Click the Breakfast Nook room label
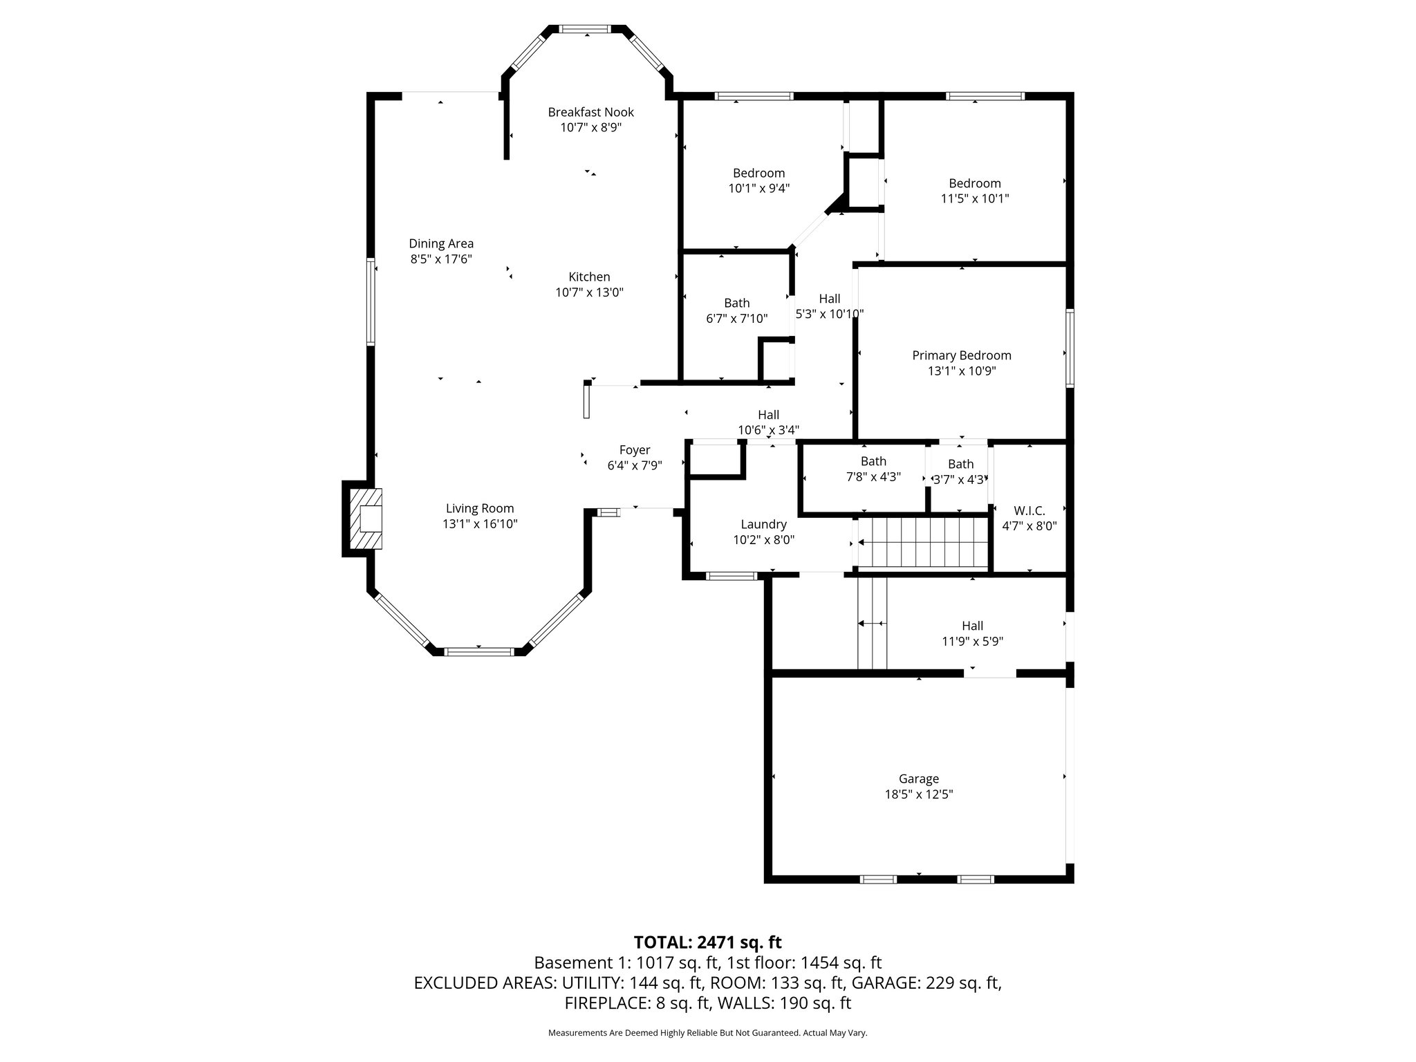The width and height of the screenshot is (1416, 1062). (590, 112)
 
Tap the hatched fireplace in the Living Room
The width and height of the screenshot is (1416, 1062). (365, 519)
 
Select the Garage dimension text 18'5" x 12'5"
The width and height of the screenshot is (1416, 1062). (919, 794)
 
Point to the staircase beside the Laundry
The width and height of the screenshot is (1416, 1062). (922, 543)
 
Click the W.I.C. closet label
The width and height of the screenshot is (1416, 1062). (1029, 510)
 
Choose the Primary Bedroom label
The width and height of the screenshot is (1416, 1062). (961, 355)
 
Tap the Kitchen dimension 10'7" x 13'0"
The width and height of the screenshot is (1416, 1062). (589, 292)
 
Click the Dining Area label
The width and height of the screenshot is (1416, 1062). (441, 243)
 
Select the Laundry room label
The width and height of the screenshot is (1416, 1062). (763, 524)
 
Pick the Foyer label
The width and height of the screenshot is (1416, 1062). (634, 450)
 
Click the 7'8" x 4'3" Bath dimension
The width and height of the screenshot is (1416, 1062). (873, 476)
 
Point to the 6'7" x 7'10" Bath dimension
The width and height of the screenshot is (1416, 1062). (736, 319)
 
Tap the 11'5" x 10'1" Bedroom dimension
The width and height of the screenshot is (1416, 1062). (974, 198)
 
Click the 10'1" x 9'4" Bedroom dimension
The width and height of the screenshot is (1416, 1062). (758, 188)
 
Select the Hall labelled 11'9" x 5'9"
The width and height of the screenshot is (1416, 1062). (972, 626)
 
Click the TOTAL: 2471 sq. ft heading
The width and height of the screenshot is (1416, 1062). (707, 942)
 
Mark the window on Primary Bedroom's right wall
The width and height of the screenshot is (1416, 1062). (1070, 348)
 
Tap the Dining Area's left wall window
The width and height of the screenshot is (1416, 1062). (371, 301)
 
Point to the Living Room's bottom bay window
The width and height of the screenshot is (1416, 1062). (478, 651)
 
